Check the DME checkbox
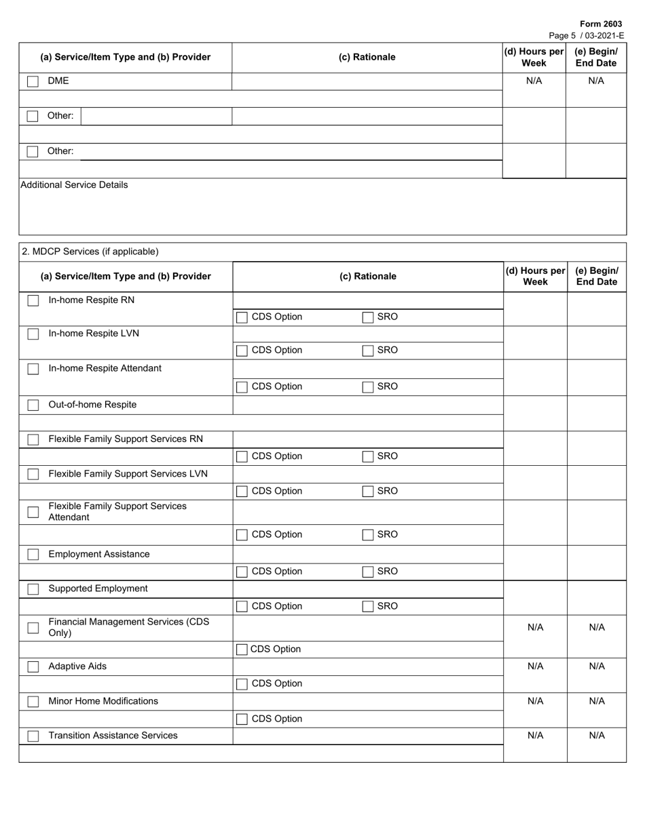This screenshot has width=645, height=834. coord(33,81)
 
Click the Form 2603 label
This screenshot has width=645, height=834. coord(600,24)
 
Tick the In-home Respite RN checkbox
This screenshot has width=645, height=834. coord(33,300)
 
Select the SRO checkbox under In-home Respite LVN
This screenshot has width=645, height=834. coord(367,351)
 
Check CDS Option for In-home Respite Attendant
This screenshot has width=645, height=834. coord(242,387)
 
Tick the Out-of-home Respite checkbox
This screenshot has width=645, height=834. coord(33,405)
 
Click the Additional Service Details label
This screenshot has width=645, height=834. coord(74,184)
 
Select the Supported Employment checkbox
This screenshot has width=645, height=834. coord(33,589)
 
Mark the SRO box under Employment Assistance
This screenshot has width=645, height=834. coord(367,572)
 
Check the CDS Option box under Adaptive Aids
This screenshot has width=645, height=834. coord(242,684)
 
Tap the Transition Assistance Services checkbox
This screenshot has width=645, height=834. coord(33,736)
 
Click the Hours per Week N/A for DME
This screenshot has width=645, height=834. coord(534,81)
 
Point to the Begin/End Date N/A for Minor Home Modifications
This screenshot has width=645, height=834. coord(596,701)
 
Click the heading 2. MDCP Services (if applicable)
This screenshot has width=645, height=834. coord(90,252)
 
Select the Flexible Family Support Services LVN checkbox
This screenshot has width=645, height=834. coord(33,475)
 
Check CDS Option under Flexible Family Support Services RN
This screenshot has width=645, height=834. coord(242,457)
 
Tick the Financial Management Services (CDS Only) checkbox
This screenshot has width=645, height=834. coord(33,628)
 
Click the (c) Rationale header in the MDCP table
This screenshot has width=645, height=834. coord(367,276)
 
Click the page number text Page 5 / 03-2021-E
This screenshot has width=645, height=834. coord(586,35)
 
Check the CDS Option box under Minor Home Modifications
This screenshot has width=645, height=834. coord(242,719)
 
